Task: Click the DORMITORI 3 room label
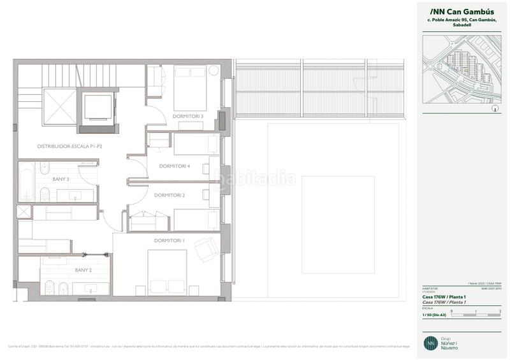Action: tap(187, 116)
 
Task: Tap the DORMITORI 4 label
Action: tap(175, 166)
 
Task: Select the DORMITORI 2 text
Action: tap(170, 195)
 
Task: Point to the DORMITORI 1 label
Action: tap(170, 240)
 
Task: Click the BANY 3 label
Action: tap(61, 179)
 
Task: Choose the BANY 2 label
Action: tap(84, 270)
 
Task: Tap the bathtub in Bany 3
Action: tap(27, 182)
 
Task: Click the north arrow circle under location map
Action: tap(495, 109)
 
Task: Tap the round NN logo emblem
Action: tap(431, 342)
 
